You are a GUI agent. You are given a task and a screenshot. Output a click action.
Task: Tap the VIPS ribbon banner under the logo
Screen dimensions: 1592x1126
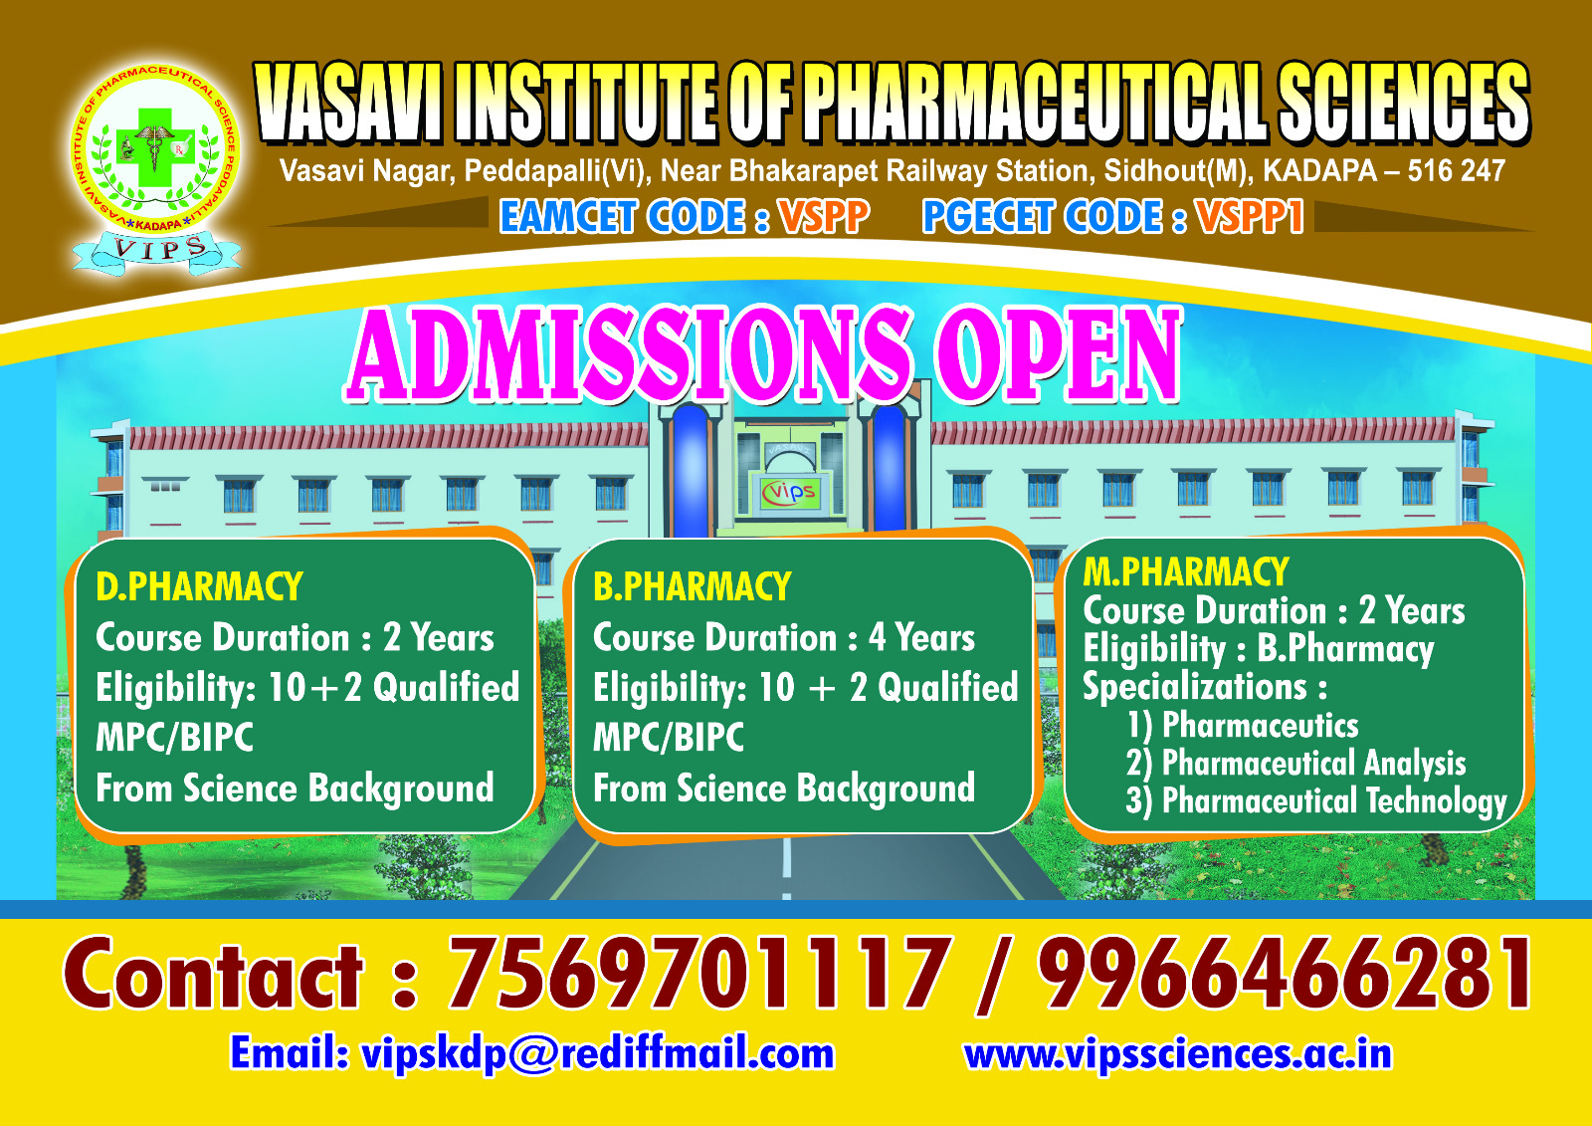click(157, 250)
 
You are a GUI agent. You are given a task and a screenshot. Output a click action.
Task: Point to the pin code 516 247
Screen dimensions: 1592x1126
click(1457, 170)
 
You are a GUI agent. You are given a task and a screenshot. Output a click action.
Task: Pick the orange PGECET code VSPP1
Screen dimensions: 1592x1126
click(1250, 216)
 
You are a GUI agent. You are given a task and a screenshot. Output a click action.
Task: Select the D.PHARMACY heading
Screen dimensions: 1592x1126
click(200, 586)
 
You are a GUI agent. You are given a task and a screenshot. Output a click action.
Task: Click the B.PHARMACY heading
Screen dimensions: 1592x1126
click(693, 586)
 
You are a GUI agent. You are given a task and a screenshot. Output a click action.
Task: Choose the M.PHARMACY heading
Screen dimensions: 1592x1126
click(1185, 571)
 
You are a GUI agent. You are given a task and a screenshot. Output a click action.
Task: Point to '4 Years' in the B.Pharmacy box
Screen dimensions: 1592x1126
click(921, 637)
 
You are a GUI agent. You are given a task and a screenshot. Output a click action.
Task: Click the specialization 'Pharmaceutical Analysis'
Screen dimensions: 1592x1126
click(1313, 764)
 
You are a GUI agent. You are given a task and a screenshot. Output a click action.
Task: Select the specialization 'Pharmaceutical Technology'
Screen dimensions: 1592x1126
click(1334, 800)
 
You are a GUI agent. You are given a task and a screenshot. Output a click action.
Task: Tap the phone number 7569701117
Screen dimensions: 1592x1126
click(699, 975)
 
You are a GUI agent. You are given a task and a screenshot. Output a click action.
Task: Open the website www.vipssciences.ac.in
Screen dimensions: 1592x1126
click(1178, 1054)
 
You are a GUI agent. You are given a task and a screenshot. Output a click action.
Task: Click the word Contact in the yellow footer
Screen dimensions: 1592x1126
click(213, 975)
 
